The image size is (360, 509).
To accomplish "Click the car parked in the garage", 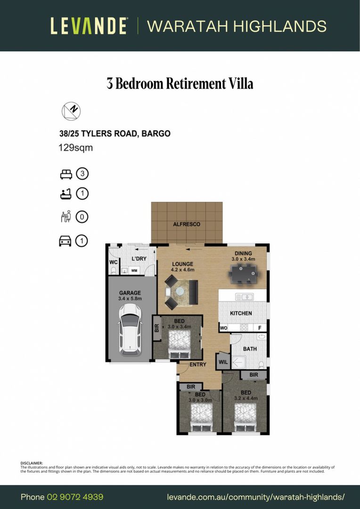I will (x=130, y=329).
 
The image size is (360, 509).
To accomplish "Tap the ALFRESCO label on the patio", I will (x=187, y=224).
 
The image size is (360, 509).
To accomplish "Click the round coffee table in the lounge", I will (x=179, y=292).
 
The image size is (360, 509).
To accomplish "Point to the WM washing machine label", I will (x=134, y=271).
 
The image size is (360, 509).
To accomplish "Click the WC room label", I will (x=113, y=262).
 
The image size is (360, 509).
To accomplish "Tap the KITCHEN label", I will (x=241, y=313).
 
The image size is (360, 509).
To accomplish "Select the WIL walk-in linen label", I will (x=223, y=362).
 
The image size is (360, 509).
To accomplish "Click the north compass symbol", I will (x=71, y=111).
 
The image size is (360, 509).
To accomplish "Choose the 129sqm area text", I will (x=75, y=148).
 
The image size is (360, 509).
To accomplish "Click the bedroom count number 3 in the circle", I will (x=82, y=174).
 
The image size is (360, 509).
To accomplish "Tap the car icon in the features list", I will (x=65, y=241).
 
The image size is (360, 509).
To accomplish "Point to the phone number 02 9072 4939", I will (x=75, y=497).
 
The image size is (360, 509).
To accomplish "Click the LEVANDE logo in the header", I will (x=89, y=26).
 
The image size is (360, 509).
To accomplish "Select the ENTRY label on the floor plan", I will (x=197, y=365).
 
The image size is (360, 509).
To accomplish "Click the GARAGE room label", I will (x=130, y=293).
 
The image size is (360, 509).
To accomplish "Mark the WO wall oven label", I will (x=223, y=328).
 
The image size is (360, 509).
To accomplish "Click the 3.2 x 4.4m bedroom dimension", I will (x=246, y=398).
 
